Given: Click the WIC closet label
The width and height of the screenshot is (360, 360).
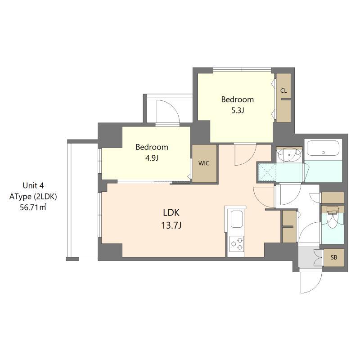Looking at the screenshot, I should tap(204, 163).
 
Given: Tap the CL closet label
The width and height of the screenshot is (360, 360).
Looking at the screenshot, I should tap(283, 90).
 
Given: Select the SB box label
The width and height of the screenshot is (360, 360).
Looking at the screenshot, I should tap(333, 257).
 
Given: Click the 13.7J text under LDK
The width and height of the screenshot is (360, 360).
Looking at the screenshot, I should tap(171, 225).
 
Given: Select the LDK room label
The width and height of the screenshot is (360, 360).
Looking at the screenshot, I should tap(171, 212).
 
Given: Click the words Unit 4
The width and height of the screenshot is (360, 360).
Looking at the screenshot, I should tap(33, 185).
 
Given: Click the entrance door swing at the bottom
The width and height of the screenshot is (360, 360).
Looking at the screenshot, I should tap(310, 281).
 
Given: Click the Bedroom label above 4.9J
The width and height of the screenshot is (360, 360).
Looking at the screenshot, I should tap(152, 147).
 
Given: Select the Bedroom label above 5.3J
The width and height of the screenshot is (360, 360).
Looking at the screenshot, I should tap(237, 99).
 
